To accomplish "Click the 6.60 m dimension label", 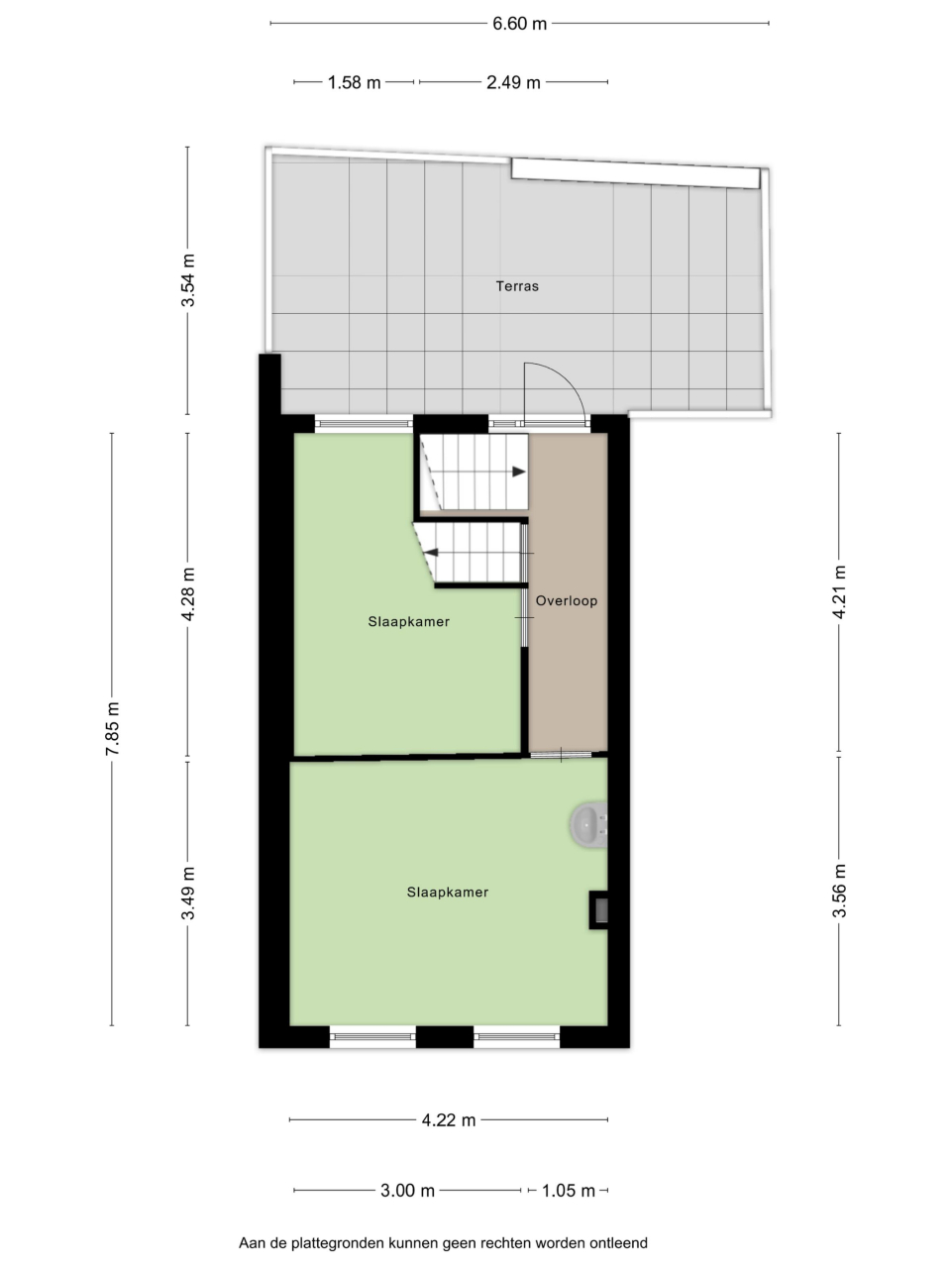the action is tap(519, 24).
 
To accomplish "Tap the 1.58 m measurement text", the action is tap(354, 82).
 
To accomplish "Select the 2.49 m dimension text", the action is tap(513, 82).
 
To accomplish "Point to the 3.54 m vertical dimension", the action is tap(187, 280).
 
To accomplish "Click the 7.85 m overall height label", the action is tap(112, 728).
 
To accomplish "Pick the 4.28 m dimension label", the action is tap(187, 593).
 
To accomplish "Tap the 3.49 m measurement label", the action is tap(187, 894).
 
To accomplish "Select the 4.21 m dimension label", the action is tap(839, 592).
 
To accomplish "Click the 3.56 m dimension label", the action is tap(839, 892).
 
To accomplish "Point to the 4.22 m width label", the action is tap(449, 1120).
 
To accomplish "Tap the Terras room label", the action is tap(517, 286).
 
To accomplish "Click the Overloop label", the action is tap(567, 600).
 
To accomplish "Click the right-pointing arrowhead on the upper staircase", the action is tap(519, 472).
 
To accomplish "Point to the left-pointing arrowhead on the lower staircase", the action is tap(431, 553).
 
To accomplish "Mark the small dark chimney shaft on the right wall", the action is tap(598, 909).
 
